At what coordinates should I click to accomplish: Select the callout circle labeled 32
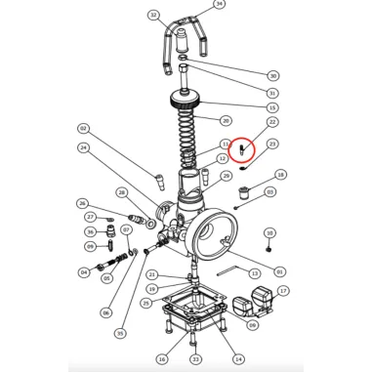pyautogui.click(x=153, y=16)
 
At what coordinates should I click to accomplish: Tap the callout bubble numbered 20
pyautogui.click(x=226, y=120)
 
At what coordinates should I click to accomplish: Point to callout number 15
pyautogui.click(x=272, y=106)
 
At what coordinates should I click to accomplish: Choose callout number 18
pyautogui.click(x=281, y=175)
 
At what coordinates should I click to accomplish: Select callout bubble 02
pyautogui.click(x=84, y=129)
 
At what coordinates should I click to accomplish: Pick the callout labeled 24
pyautogui.click(x=84, y=148)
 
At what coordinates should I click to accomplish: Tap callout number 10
pyautogui.click(x=269, y=233)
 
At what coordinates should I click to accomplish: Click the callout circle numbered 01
pyautogui.click(x=280, y=271)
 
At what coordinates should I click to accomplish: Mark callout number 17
pyautogui.click(x=283, y=291)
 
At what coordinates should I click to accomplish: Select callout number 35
pyautogui.click(x=120, y=333)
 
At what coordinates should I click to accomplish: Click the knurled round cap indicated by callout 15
pyautogui.click(x=185, y=101)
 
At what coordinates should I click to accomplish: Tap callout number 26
pyautogui.click(x=83, y=203)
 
